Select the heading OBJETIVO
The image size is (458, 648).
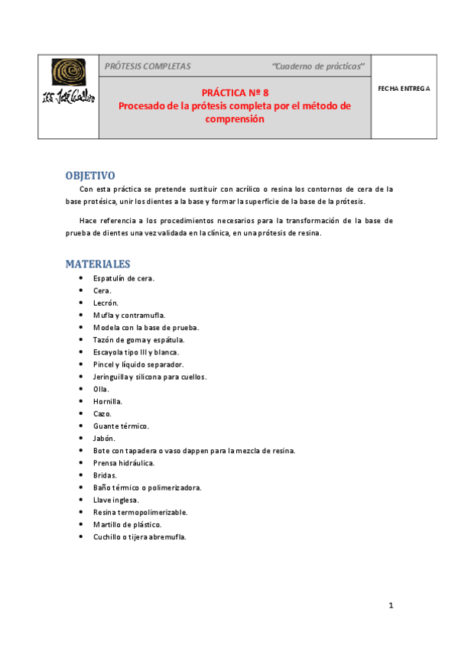[90, 175]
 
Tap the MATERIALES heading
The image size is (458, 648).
[98, 264]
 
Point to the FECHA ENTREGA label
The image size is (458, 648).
[404, 88]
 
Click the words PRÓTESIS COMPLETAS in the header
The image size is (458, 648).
[148, 66]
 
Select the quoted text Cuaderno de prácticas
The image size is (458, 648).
[318, 66]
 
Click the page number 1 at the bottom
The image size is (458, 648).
[390, 605]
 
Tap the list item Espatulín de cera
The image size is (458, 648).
[124, 278]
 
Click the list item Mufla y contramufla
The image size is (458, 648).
[128, 315]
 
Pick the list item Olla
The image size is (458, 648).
[101, 389]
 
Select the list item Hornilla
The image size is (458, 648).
[108, 401]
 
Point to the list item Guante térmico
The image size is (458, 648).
[121, 426]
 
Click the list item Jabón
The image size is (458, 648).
[104, 438]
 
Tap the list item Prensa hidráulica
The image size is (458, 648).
[124, 463]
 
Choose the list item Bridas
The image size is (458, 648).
[105, 475]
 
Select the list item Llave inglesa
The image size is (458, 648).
[116, 500]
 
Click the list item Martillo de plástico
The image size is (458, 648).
[128, 524]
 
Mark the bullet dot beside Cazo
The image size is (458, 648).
[81, 413]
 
